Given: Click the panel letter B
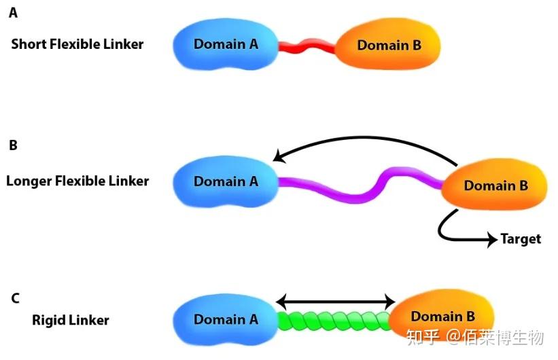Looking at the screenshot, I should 13,145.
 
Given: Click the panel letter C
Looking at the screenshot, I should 15,298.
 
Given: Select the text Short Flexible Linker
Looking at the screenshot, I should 77,44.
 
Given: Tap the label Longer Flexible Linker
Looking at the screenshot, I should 77,181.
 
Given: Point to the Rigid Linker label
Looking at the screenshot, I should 71,320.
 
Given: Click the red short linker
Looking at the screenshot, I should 307,47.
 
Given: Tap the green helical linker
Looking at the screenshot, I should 334,320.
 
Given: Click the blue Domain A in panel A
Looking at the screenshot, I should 226,44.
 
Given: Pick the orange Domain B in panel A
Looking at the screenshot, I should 389,46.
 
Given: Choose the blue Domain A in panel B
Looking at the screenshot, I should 226,181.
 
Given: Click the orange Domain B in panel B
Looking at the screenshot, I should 495,185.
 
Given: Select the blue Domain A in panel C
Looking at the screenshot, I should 226,319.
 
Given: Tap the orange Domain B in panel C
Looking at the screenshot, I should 442,317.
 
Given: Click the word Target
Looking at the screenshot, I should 521,238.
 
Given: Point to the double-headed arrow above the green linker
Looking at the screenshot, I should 336,301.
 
